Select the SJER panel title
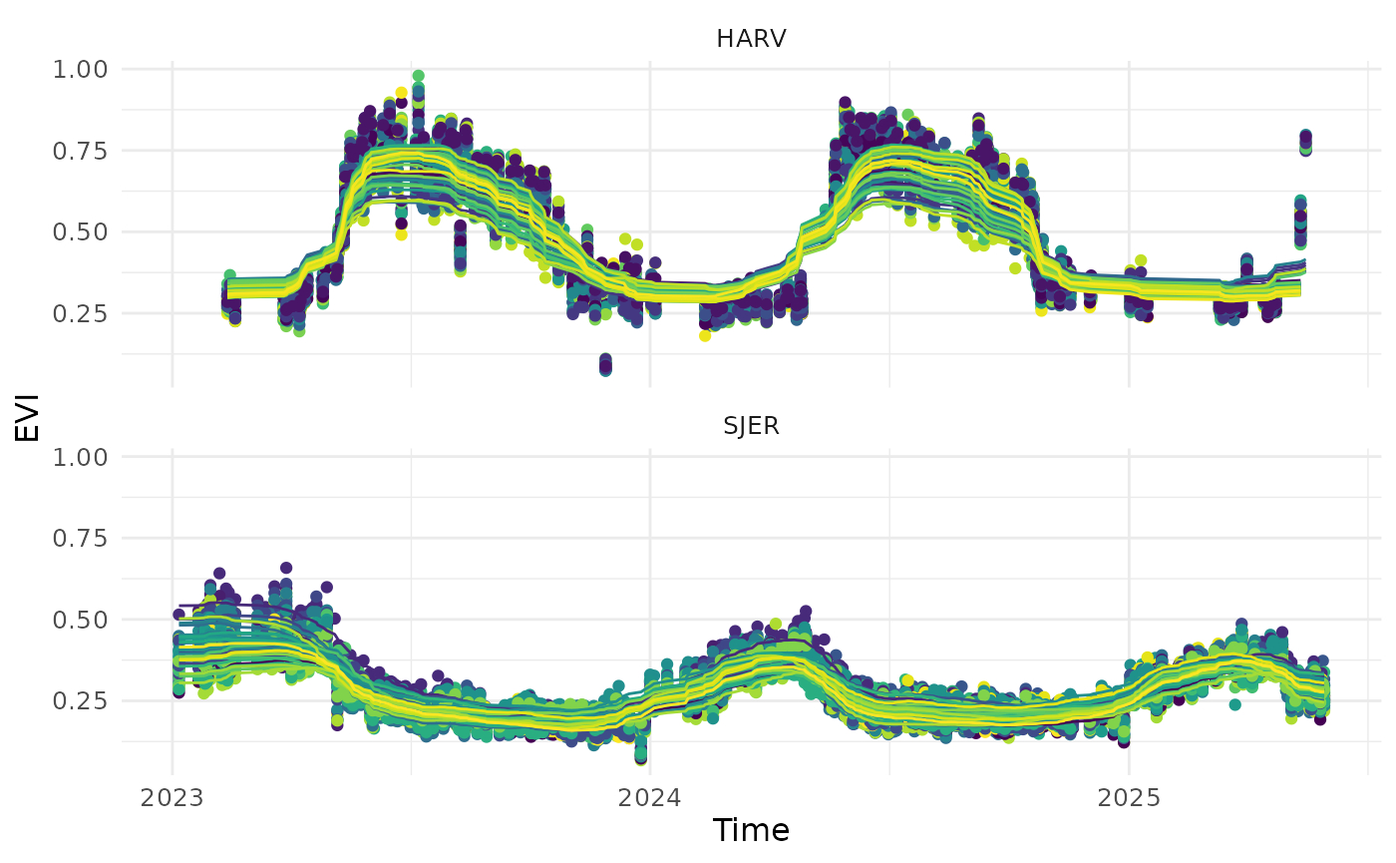751,426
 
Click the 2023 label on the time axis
173,798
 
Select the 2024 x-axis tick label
650,798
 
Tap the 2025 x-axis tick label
1129,798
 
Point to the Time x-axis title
751,830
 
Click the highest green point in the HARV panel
418,76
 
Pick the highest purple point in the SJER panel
286,568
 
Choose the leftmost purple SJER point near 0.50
179,615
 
